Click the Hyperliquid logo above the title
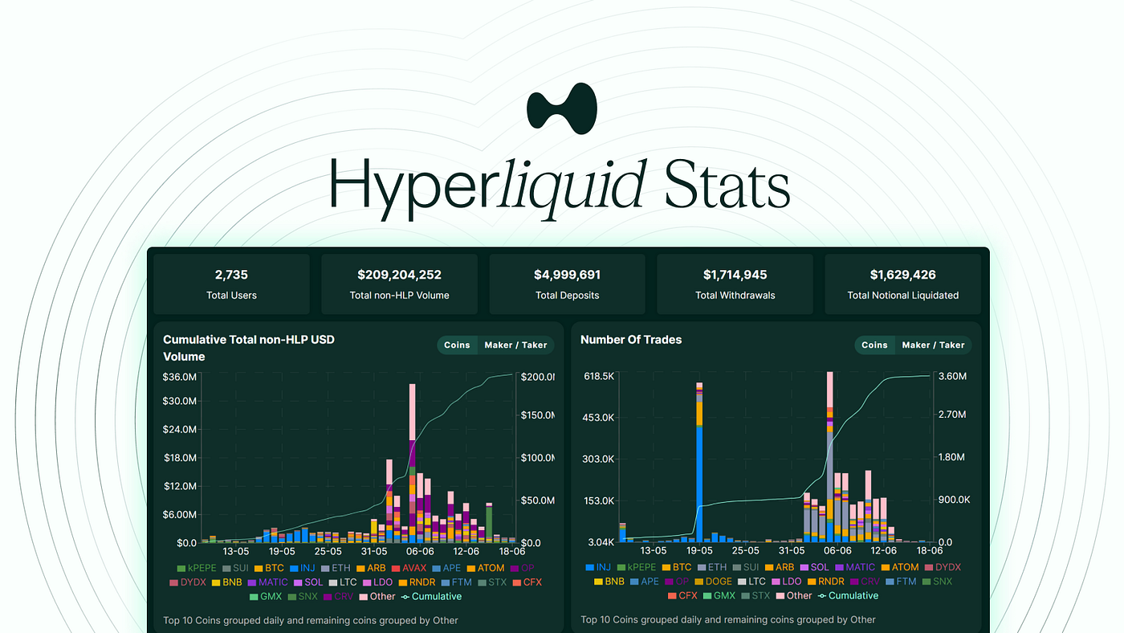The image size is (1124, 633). click(x=562, y=108)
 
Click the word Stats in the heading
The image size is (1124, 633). click(x=727, y=185)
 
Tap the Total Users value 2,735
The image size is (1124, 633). click(x=231, y=275)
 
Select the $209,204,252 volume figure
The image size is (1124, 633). click(x=399, y=275)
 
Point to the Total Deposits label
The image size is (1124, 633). click(x=567, y=296)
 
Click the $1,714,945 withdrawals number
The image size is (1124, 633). click(x=735, y=275)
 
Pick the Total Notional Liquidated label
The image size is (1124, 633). click(x=902, y=296)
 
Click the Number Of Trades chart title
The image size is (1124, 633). click(x=631, y=340)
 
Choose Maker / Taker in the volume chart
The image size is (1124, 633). click(x=515, y=345)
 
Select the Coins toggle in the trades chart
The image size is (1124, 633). click(x=874, y=345)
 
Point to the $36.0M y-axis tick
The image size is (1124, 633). click(x=179, y=377)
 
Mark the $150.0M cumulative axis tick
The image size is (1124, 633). click(x=537, y=415)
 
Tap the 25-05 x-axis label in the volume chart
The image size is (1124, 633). click(x=328, y=551)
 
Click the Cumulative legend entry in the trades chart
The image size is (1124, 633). click(x=848, y=595)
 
